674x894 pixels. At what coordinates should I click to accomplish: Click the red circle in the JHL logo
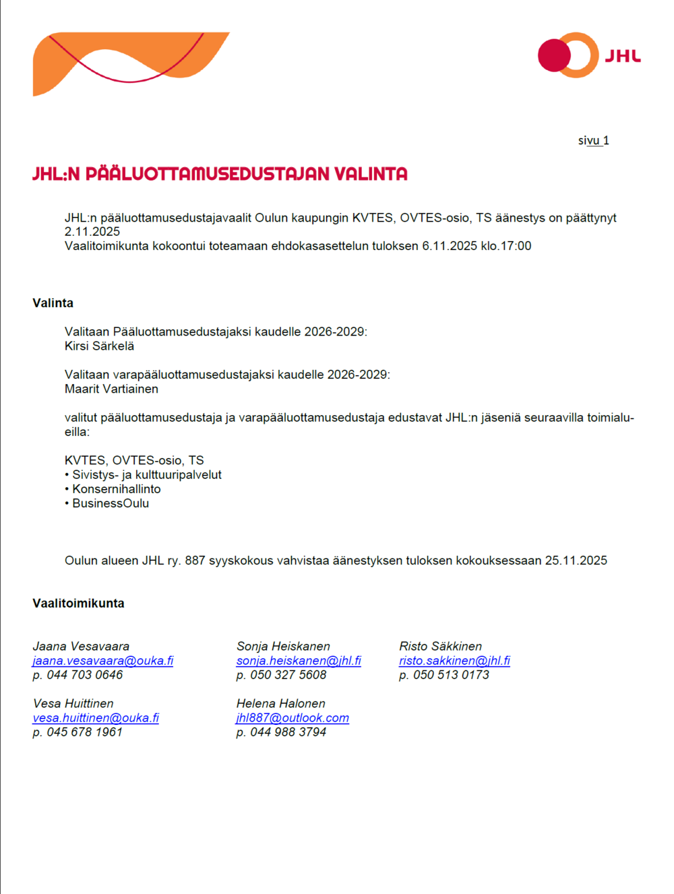[x=554, y=55]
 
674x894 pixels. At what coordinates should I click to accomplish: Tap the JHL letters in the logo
[x=622, y=56]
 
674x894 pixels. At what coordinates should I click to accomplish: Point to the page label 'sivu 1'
[x=593, y=141]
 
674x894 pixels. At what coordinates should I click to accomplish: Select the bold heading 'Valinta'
[x=53, y=303]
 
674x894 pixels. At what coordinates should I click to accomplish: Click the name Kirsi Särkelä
[x=99, y=346]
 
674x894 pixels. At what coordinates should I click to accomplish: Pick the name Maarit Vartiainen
[x=111, y=389]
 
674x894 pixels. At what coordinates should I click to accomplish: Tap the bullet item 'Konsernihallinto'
[x=116, y=489]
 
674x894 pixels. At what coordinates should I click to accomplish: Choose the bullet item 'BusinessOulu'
[x=111, y=503]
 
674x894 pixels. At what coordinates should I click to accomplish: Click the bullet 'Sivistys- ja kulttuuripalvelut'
[x=146, y=475]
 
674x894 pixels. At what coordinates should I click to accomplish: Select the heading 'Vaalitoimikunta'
[x=78, y=604]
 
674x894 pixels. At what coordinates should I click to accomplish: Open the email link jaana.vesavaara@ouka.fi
[x=102, y=661]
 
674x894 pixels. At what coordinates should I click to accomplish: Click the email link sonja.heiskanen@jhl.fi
[x=299, y=661]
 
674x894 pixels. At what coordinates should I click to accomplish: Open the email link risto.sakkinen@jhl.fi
[x=454, y=661]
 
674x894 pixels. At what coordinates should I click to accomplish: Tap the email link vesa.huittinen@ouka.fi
[x=96, y=718]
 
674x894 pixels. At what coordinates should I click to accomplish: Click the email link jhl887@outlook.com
[x=293, y=718]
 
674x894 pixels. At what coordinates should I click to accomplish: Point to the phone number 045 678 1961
[x=84, y=732]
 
